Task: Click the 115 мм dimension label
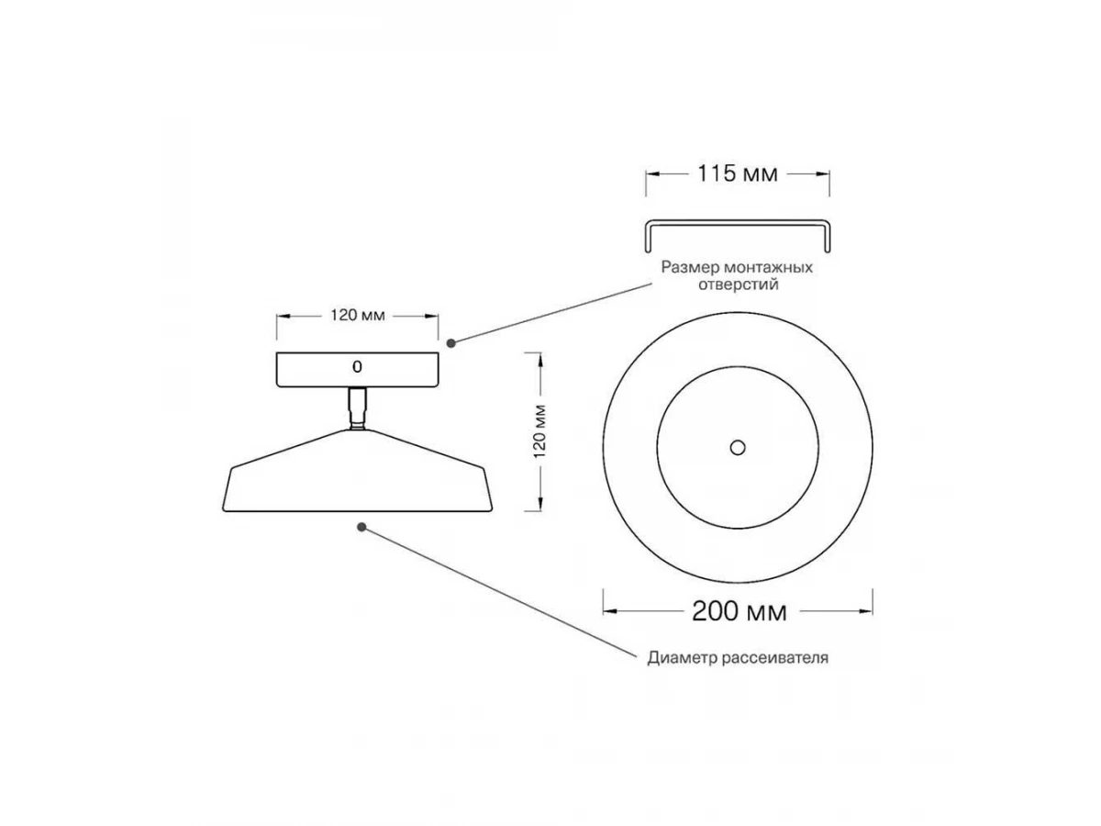(738, 174)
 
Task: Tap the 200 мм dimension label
(739, 611)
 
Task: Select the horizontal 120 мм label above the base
(358, 316)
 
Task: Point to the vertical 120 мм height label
(539, 431)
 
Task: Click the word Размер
(691, 267)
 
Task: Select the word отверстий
(739, 285)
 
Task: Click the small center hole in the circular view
(738, 447)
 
